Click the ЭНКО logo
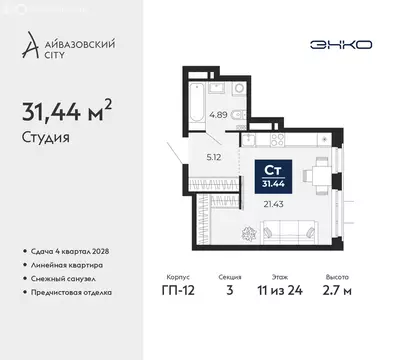[x=340, y=45]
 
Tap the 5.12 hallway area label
[x=212, y=156]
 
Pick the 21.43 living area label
[x=273, y=203]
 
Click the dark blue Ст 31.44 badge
[x=272, y=174]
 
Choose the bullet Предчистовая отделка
[x=73, y=292]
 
